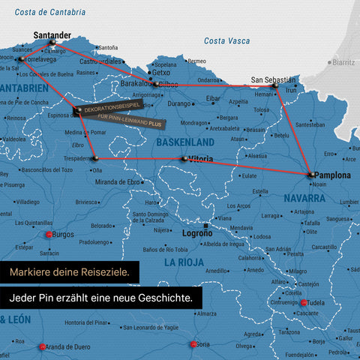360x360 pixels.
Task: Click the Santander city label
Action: pos(52,34)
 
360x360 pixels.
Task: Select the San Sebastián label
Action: pos(273,79)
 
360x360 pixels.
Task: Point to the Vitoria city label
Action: pos(207,159)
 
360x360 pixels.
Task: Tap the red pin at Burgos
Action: pos(49,235)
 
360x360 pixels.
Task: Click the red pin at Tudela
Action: pos(304,303)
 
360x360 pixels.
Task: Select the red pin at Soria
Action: pos(193,344)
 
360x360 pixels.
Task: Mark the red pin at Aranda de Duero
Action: pos(41,346)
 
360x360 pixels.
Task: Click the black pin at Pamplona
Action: pos(310,175)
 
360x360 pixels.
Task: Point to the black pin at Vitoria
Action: pos(184,158)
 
